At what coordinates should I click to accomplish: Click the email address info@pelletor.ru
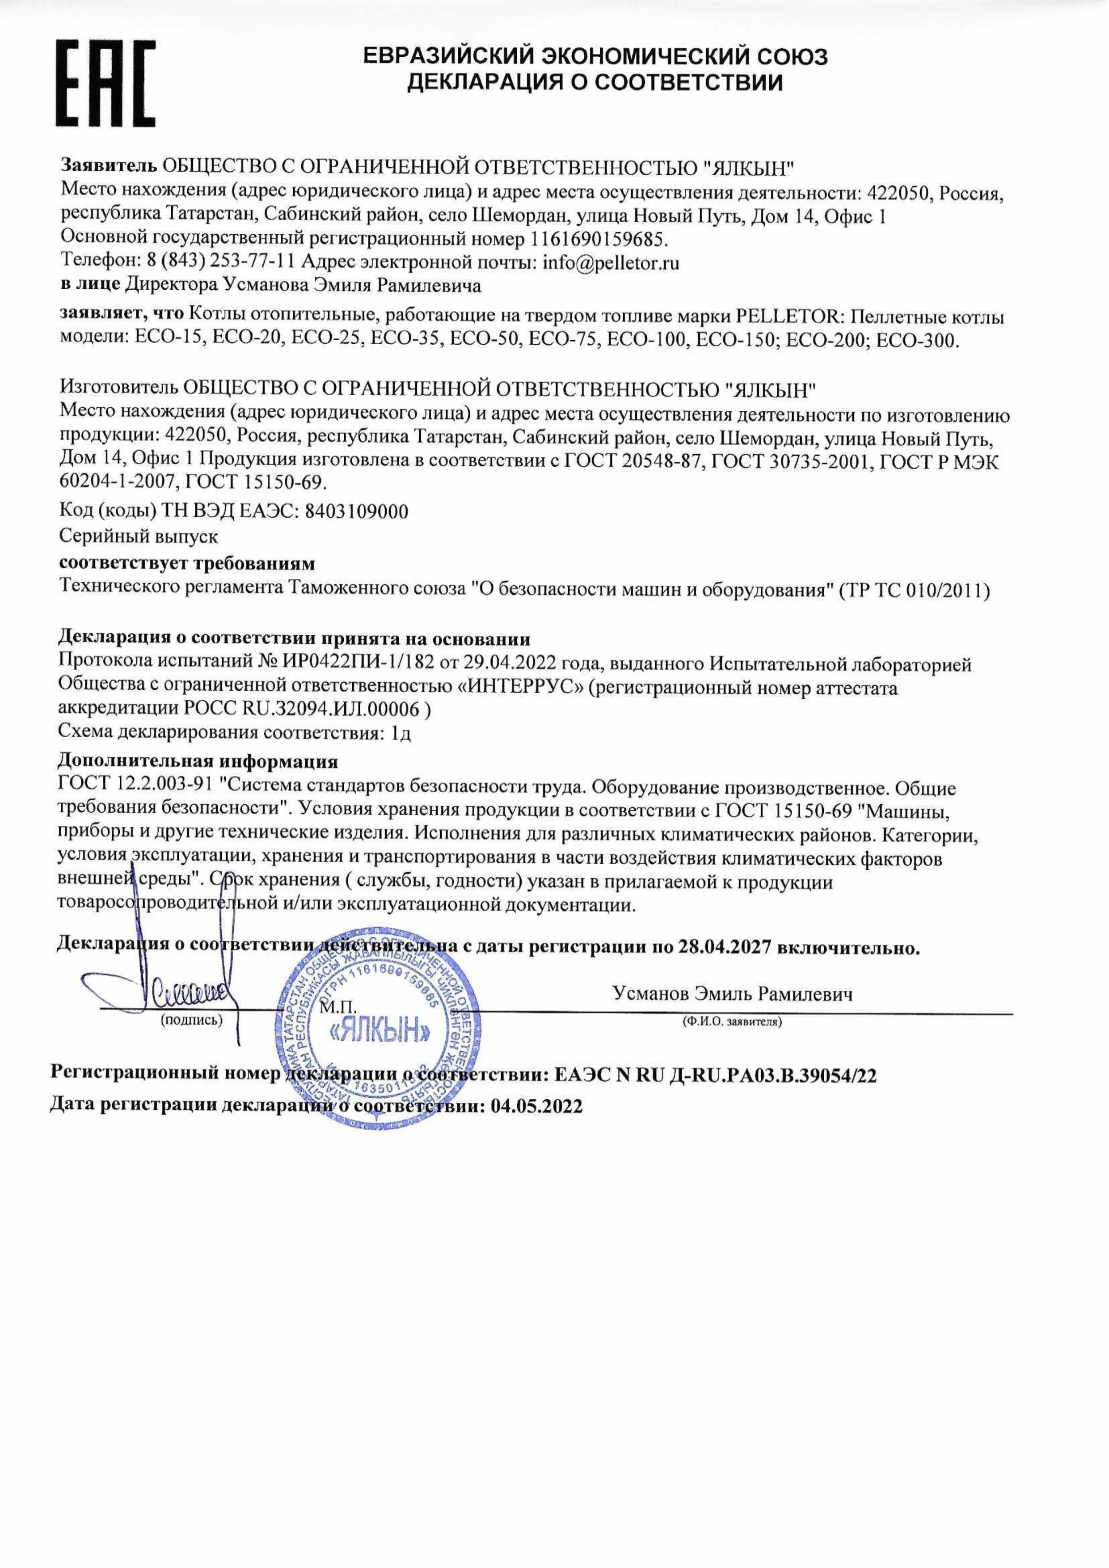[x=611, y=263]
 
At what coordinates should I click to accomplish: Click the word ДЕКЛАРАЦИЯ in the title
[x=486, y=83]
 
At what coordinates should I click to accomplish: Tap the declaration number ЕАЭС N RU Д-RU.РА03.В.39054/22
[x=715, y=1076]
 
